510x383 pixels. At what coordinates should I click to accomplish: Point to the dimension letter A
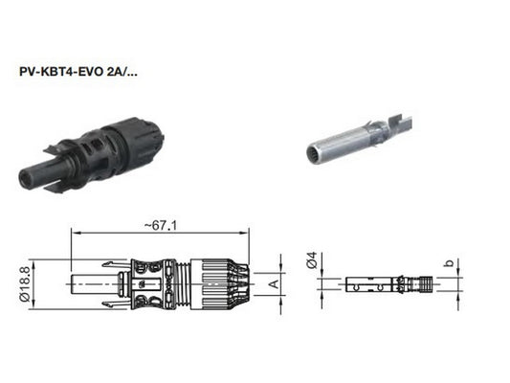(275, 283)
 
